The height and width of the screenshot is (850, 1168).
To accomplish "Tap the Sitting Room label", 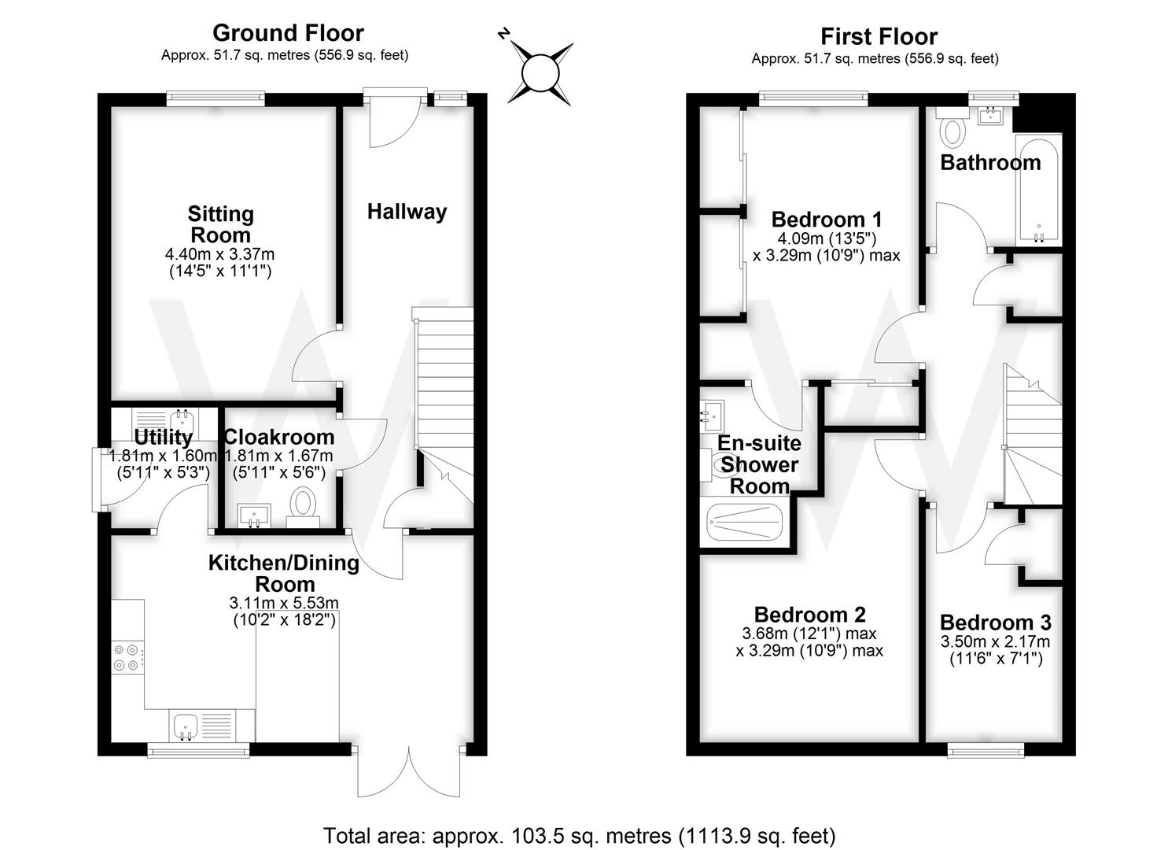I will [220, 224].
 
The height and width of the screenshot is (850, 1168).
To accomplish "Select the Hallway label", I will [407, 211].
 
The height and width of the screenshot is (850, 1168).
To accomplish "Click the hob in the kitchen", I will [127, 657].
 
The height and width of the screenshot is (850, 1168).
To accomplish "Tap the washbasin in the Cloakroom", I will [254, 516].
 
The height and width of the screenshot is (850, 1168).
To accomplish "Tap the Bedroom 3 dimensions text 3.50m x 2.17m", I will [995, 641].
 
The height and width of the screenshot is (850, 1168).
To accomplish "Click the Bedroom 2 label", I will [809, 614].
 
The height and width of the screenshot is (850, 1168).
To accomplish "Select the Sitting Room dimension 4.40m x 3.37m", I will [219, 254].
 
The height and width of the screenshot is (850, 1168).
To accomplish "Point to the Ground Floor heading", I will [288, 33].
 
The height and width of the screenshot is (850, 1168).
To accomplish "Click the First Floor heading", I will [878, 36].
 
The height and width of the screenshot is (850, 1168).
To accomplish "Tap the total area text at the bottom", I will [579, 835].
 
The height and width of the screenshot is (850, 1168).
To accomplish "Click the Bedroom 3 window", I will [986, 748].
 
